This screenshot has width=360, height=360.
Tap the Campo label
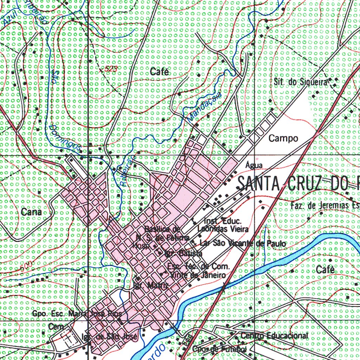tap(283, 139)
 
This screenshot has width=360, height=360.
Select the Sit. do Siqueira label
tap(301, 82)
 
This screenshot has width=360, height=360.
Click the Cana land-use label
tap(31, 212)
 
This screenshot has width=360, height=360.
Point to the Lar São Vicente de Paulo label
tap(242, 243)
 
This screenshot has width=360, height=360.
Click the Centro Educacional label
tap(275, 336)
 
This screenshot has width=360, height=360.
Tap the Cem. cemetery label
tap(56, 327)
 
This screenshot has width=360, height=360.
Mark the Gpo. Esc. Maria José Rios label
tap(77, 313)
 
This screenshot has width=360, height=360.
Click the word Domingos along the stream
tap(65, 137)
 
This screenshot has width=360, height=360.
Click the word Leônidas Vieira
tap(223, 229)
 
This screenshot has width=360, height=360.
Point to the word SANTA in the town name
tap(258, 183)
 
